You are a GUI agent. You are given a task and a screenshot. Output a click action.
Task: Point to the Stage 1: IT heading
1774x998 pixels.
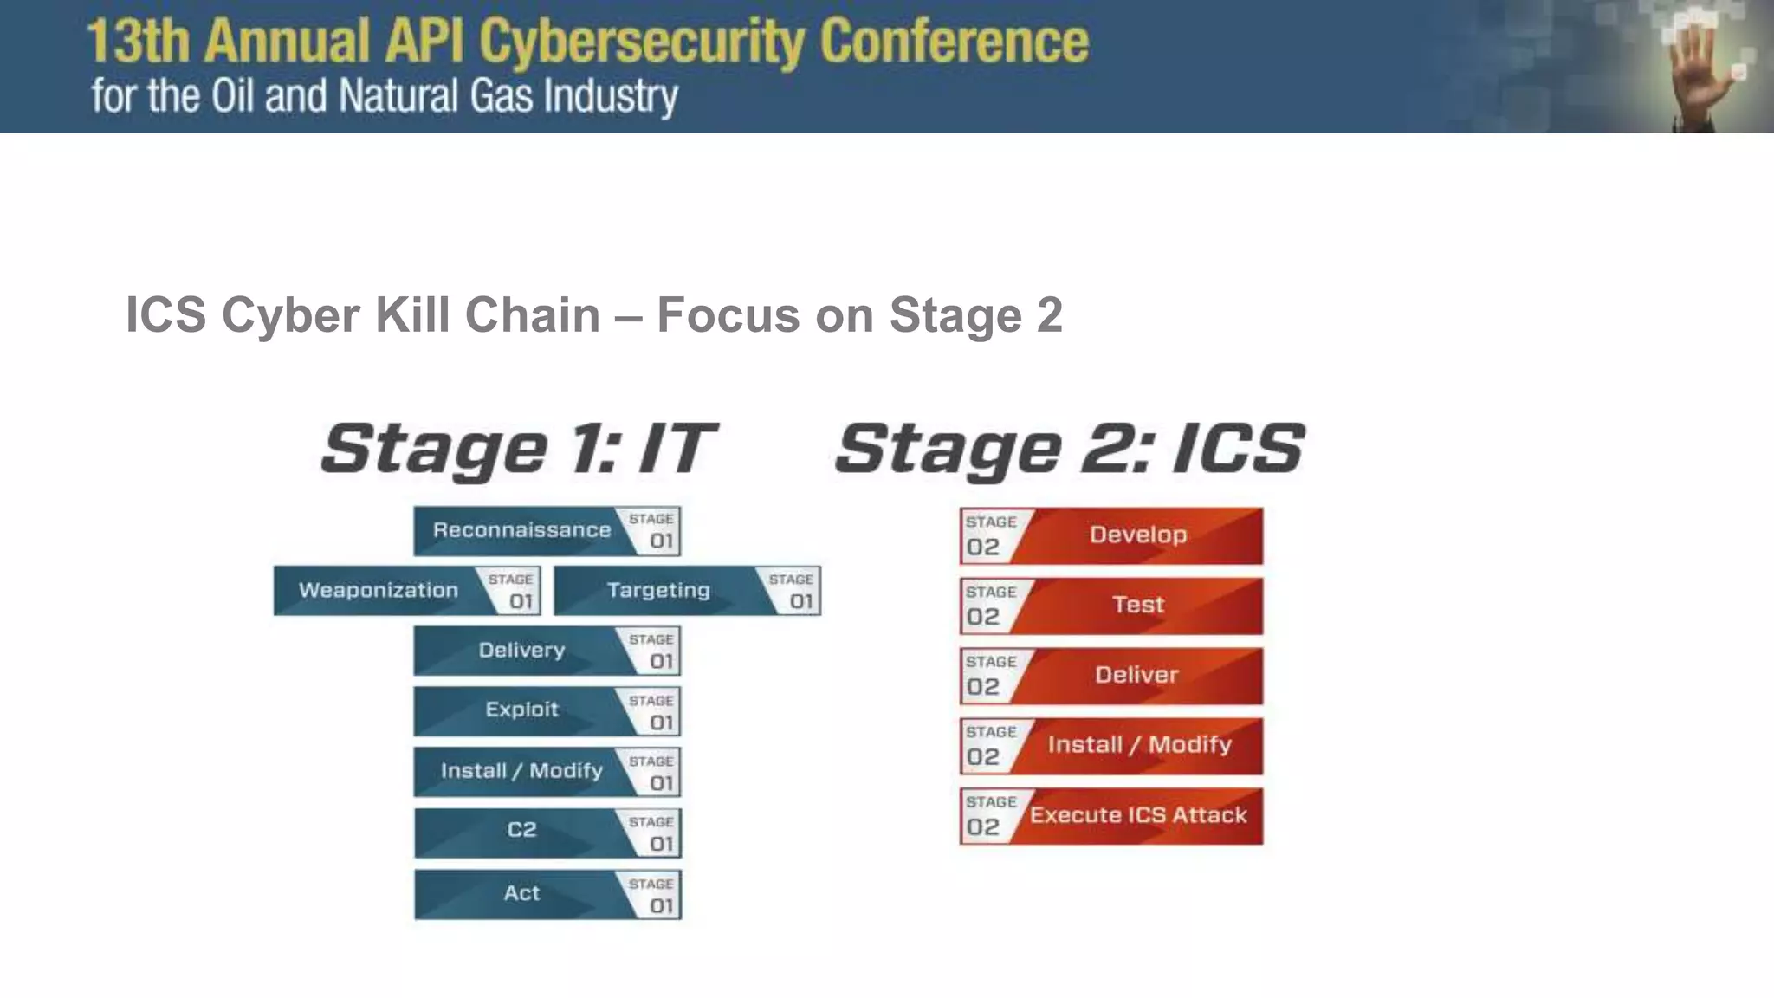click(x=518, y=449)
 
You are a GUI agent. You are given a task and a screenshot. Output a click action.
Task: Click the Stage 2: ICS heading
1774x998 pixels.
click(x=1070, y=449)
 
